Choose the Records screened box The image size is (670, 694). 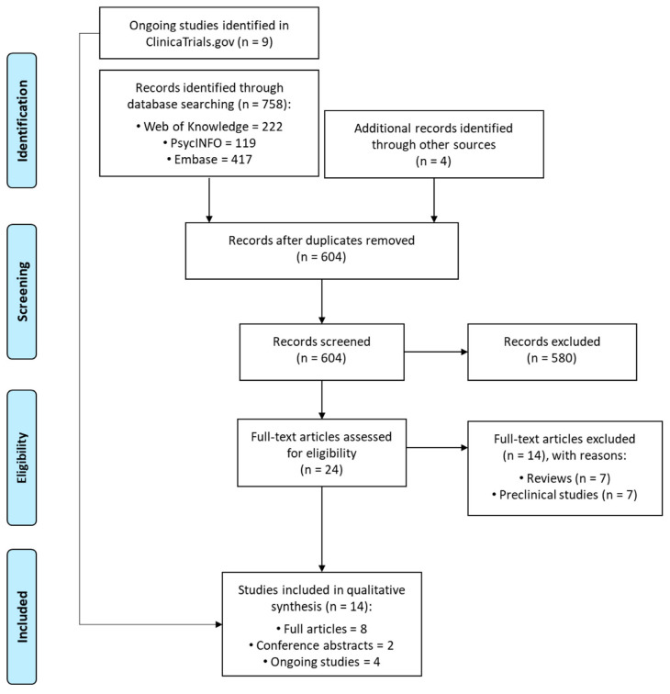322,325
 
